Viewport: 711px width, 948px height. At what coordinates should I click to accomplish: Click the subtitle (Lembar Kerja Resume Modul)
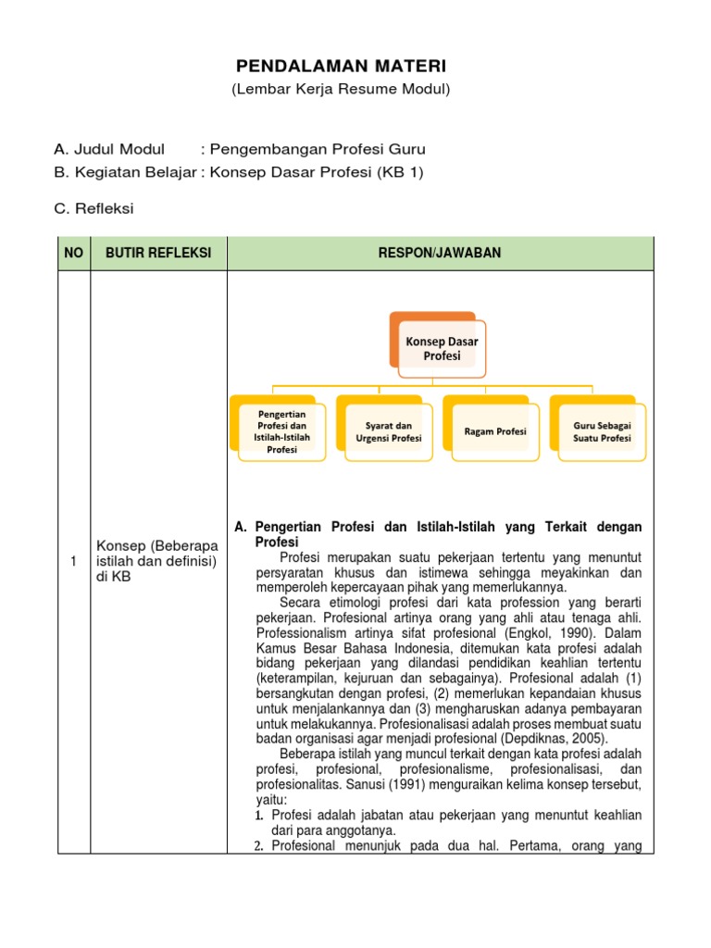[x=341, y=89]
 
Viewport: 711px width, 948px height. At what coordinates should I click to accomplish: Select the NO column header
[x=74, y=253]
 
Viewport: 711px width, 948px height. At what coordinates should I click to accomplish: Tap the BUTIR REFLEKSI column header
[x=158, y=253]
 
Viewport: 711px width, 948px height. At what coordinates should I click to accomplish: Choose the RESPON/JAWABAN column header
[x=440, y=253]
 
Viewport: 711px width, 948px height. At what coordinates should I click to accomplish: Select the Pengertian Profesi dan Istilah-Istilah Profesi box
[x=281, y=430]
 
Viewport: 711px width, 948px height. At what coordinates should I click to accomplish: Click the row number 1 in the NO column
[x=74, y=561]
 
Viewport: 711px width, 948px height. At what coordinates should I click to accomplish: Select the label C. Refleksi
[x=94, y=208]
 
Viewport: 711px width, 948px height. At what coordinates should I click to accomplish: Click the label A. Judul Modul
[x=109, y=149]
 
